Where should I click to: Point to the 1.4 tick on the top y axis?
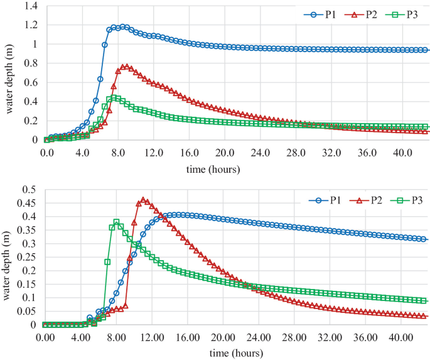(30, 6)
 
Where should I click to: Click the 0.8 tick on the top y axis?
(30, 63)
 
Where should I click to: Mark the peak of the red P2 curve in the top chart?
(126, 66)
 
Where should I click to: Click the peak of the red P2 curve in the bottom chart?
(143, 200)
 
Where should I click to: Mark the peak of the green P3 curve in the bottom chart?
(116, 222)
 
